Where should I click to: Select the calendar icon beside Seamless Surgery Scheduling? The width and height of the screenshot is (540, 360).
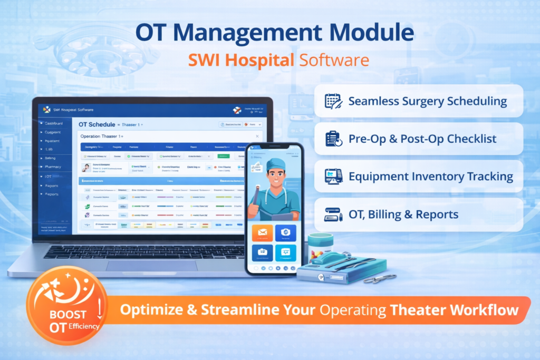point(333,101)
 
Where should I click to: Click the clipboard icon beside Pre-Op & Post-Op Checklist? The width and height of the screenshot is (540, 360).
point(333,139)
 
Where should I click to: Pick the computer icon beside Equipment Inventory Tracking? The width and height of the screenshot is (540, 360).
point(333,176)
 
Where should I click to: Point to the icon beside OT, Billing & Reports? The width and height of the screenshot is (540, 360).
point(333,214)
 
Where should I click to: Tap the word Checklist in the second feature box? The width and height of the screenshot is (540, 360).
point(471,139)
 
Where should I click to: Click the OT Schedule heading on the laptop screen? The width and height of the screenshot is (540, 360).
point(97,124)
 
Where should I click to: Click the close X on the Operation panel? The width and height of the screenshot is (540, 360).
point(257,136)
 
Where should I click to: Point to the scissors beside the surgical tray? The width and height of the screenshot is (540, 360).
point(380,278)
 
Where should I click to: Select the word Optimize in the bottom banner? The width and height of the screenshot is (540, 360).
point(147,310)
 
